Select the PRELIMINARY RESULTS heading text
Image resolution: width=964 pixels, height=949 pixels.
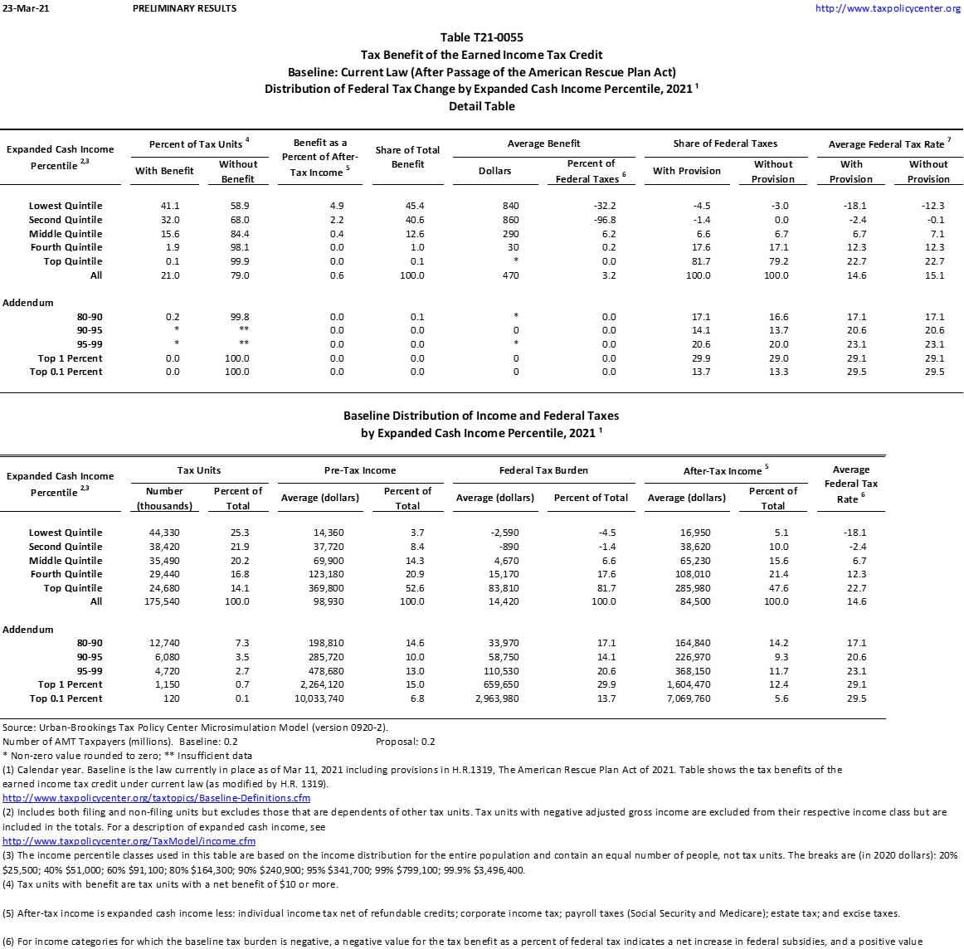(184, 8)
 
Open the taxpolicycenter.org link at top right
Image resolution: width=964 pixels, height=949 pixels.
(888, 8)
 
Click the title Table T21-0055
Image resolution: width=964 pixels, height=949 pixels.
(481, 37)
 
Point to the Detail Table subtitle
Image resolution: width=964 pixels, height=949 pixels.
(481, 106)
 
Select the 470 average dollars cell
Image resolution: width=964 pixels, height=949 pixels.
(510, 275)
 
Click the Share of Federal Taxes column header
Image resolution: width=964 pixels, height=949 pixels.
(725, 144)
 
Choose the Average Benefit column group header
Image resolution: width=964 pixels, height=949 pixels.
(543, 144)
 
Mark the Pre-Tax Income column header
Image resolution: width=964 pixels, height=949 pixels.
(360, 470)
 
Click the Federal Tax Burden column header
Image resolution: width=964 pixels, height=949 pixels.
(543, 470)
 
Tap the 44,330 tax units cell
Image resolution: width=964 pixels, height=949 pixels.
(164, 533)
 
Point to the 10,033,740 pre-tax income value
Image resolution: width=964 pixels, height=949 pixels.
(319, 698)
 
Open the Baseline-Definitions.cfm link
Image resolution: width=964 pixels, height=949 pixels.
(156, 798)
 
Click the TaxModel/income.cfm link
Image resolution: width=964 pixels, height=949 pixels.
(129, 841)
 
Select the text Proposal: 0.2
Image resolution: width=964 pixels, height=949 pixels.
(405, 742)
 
